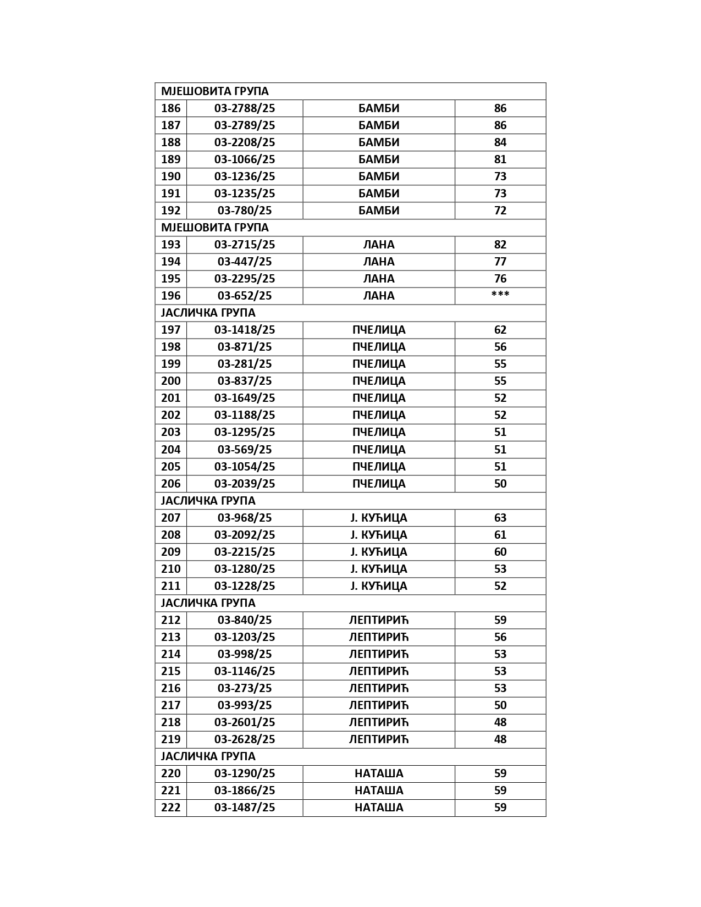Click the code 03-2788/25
(245, 108)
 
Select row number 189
(170, 159)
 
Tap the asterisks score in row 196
(500, 295)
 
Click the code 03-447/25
(245, 262)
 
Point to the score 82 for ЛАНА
(500, 245)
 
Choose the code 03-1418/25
(245, 330)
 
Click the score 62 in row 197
(500, 330)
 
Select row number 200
(170, 381)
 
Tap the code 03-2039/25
(245, 484)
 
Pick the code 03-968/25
(245, 518)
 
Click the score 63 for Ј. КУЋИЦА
(500, 518)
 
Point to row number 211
(170, 586)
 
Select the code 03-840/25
(245, 620)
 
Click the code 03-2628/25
(245, 739)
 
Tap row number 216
(170, 688)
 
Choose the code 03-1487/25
(245, 808)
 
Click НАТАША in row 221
(379, 790)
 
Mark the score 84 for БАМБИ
(500, 142)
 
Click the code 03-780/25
(245, 211)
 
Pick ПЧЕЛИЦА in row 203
(379, 432)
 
